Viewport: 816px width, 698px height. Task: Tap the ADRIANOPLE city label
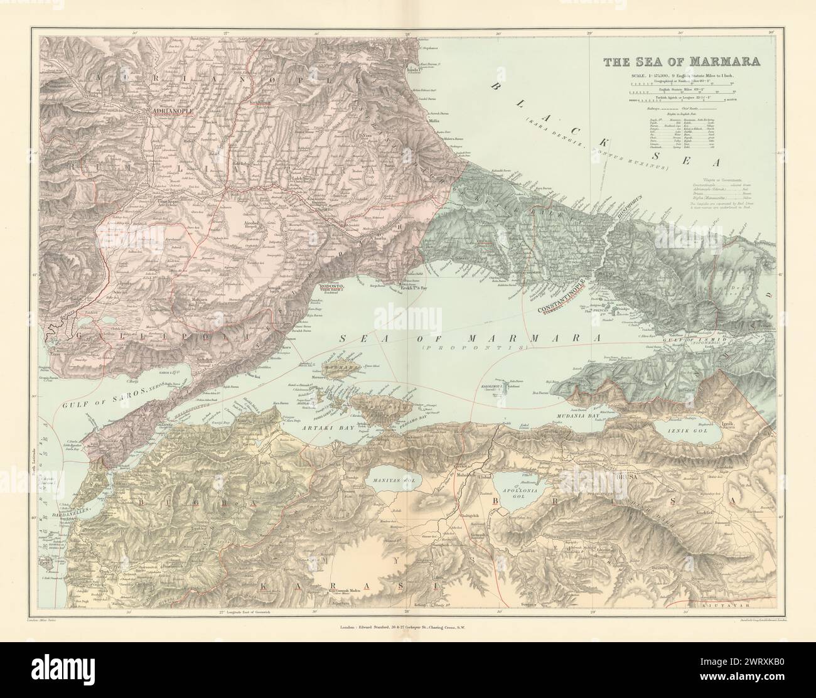(170, 113)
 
